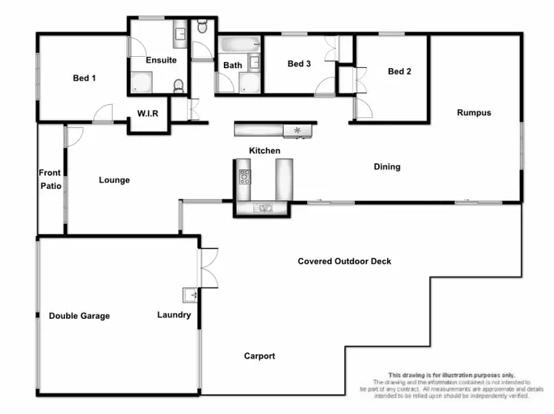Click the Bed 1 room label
pos(84,78)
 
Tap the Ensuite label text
pos(160,60)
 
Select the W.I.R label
pos(148,114)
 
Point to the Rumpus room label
pos(473,113)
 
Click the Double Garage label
pos(79,316)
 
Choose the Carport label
pos(259,356)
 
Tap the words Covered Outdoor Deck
pos(344,261)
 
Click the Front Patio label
pos(50,179)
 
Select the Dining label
pos(386,167)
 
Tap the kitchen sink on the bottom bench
pos(262,208)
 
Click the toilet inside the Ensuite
pos(178,86)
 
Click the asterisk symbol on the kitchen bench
pos(298,131)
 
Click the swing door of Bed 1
pos(103,114)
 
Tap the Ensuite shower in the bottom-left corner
pos(139,83)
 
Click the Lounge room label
pos(114,180)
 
